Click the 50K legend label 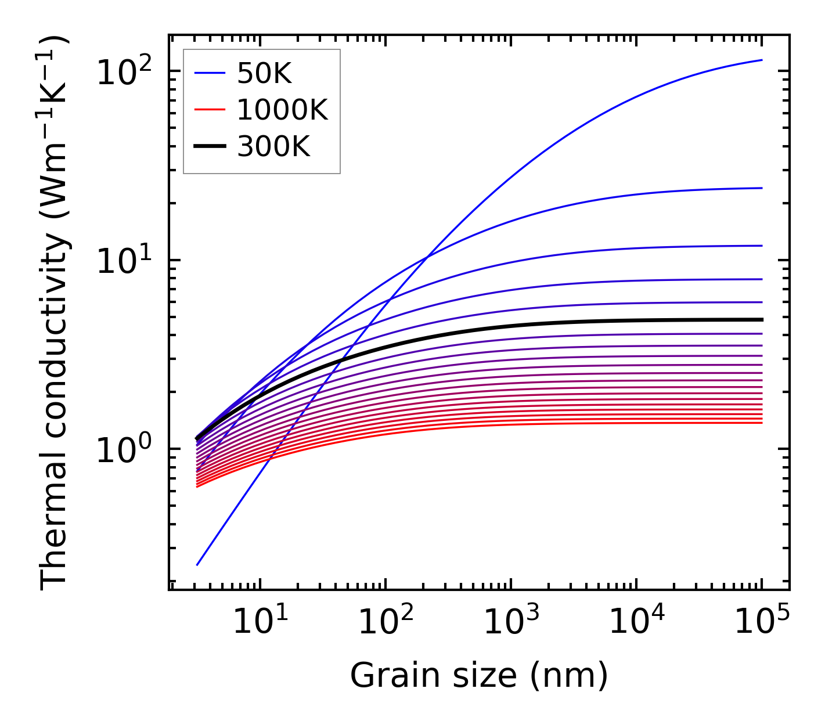tap(264, 74)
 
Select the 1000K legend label tap(282, 110)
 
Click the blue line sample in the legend tap(209, 74)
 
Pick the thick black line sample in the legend tap(209, 147)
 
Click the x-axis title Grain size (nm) tap(479, 676)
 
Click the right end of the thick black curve tap(761, 319)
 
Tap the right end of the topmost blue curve tap(761, 60)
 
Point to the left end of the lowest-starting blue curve tap(197, 564)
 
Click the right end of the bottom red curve tap(761, 423)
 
